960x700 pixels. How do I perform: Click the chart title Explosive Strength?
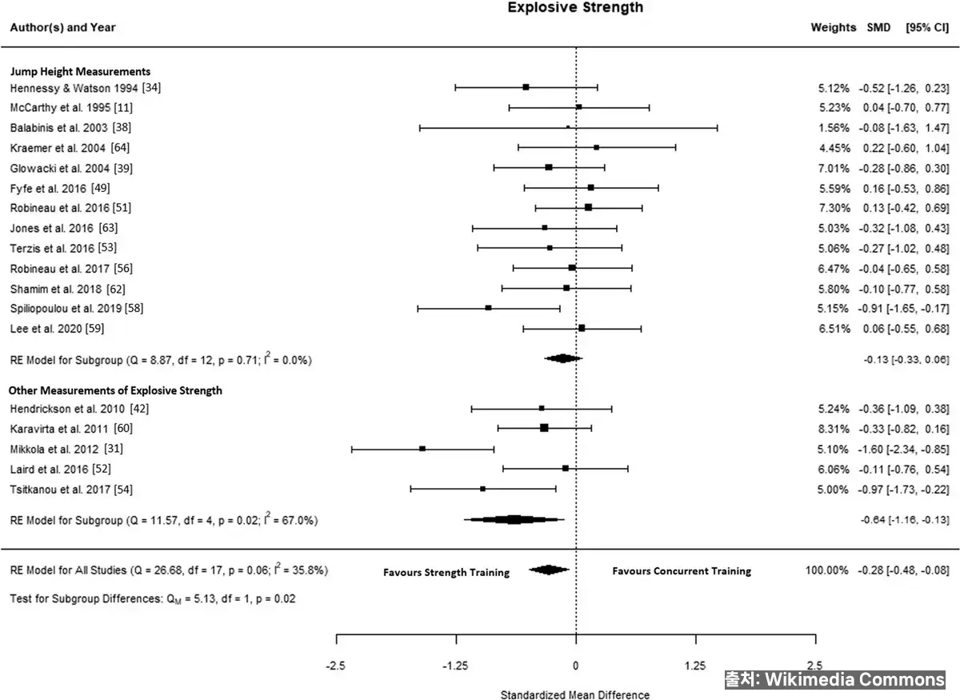tap(575, 8)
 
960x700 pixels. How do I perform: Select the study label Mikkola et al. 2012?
tap(66, 449)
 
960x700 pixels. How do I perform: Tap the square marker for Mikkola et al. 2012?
tap(422, 449)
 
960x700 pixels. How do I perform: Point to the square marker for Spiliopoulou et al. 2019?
tap(488, 308)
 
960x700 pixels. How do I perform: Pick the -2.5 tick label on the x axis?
tap(337, 665)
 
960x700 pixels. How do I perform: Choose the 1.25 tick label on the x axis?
tap(695, 665)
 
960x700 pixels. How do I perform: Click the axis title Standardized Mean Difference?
tap(575, 694)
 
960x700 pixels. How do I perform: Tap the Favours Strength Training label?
tap(446, 572)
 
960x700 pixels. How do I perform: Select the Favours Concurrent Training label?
tap(682, 571)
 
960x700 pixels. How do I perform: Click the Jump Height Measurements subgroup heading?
tap(79, 72)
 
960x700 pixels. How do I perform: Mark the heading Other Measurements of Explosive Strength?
tap(115, 390)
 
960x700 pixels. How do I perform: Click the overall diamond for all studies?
tap(549, 570)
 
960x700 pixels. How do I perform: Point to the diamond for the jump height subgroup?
tap(563, 358)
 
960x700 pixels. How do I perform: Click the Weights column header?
tap(833, 27)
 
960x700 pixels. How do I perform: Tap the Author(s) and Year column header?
tap(62, 27)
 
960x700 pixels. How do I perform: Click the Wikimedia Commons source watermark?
tap(835, 679)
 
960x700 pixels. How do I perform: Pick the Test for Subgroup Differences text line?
tap(152, 598)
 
